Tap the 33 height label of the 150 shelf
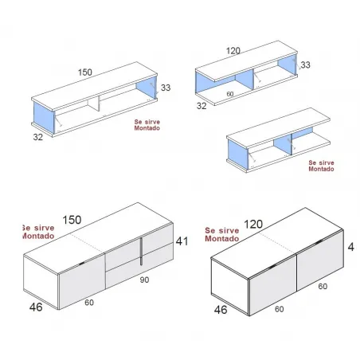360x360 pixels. (166, 88)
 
